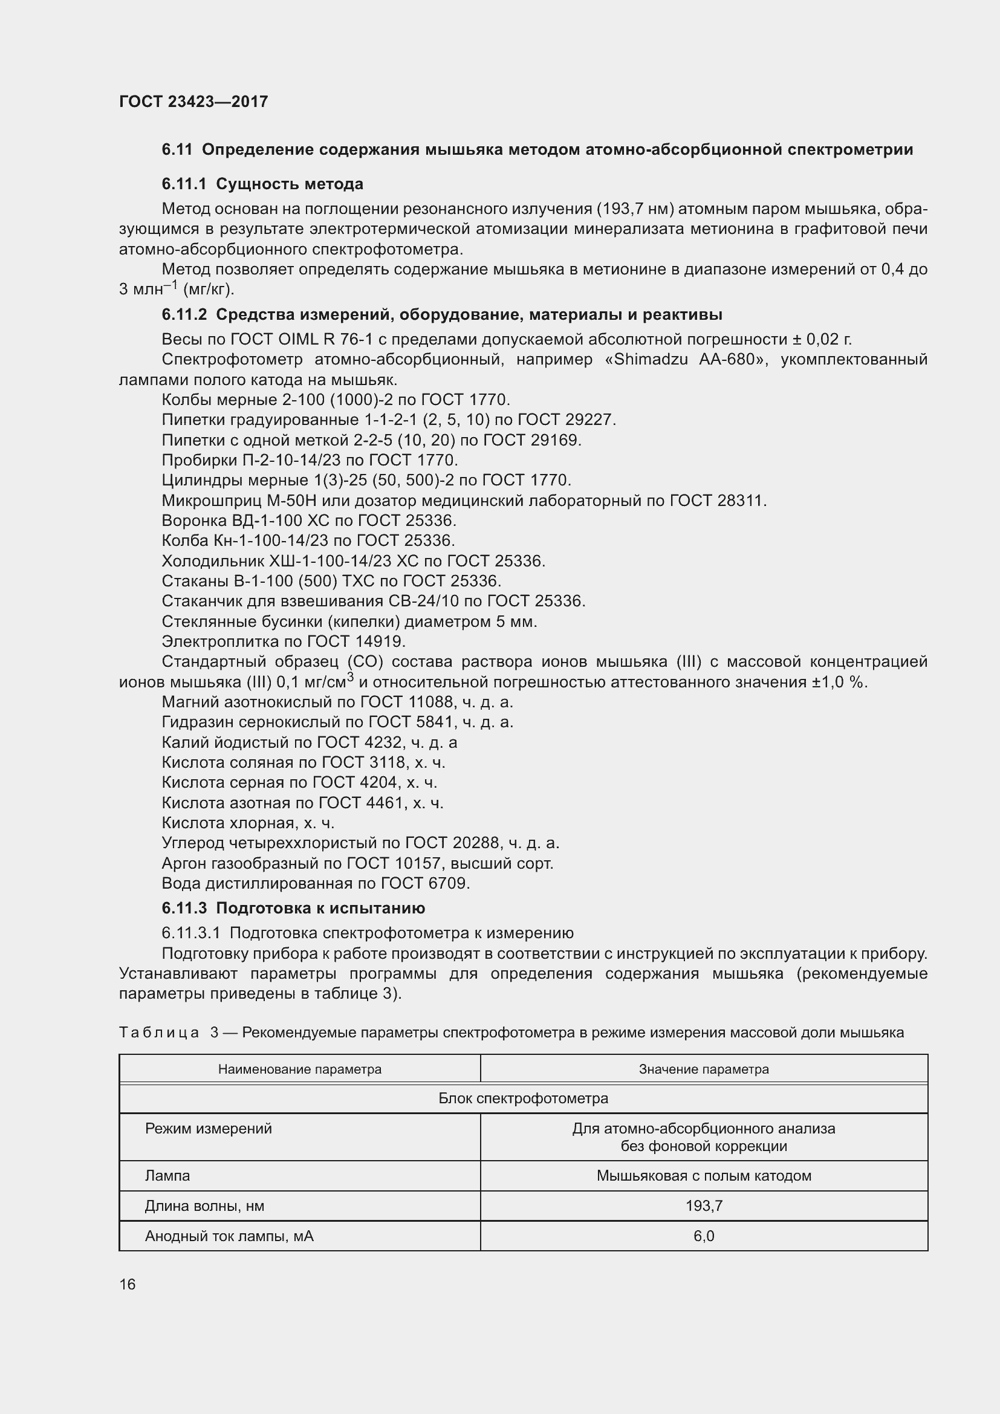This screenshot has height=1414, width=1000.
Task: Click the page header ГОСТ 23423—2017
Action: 193,102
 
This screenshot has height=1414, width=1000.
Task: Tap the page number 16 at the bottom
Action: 128,1284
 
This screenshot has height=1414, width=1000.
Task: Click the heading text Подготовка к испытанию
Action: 320,909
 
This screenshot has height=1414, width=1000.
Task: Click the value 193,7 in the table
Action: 704,1206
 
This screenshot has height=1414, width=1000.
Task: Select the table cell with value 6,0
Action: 704,1236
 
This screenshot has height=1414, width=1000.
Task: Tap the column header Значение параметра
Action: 704,1070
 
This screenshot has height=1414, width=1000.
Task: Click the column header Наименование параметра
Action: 299,1070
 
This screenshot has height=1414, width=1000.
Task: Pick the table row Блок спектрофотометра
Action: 523,1098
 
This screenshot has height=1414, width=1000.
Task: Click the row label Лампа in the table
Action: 167,1176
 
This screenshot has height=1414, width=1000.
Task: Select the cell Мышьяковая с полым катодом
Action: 704,1176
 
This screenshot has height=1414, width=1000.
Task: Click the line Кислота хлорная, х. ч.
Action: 247,823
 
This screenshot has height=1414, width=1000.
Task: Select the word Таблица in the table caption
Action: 159,1033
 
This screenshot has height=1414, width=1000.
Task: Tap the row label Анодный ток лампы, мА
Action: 229,1236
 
